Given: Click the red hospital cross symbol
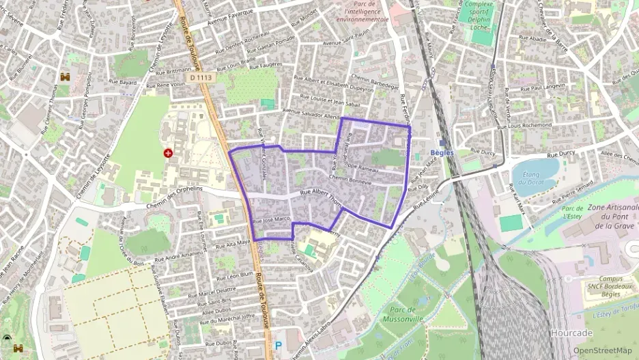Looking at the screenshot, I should [x=168, y=153].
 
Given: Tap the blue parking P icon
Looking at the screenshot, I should [x=278, y=346].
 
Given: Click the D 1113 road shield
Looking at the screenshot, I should [x=201, y=78].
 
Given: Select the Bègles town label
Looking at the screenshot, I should [x=443, y=152].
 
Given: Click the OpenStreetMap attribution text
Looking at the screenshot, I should [x=602, y=350].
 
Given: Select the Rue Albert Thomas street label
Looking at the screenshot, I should [x=321, y=195].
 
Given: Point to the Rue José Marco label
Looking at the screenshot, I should [x=272, y=219].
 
